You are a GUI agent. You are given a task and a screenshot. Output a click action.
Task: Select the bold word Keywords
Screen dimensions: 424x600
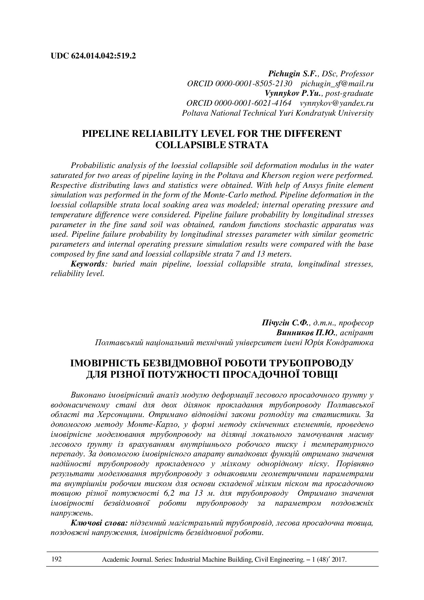pyautogui.click(x=87, y=264)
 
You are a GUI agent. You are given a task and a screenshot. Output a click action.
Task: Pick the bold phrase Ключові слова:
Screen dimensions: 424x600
pyautogui.click(x=99, y=523)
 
